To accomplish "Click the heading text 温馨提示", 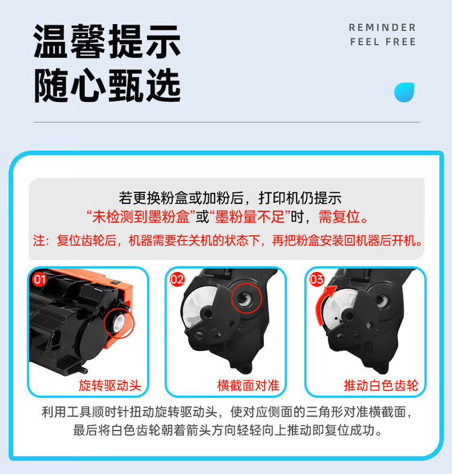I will [107, 42].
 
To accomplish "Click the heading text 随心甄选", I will [107, 86].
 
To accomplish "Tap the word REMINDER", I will [383, 28].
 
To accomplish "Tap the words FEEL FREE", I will [383, 42].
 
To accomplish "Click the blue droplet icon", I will [404, 92].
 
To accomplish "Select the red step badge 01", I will [40, 279].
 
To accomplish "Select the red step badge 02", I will [177, 279].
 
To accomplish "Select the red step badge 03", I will [316, 279].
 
